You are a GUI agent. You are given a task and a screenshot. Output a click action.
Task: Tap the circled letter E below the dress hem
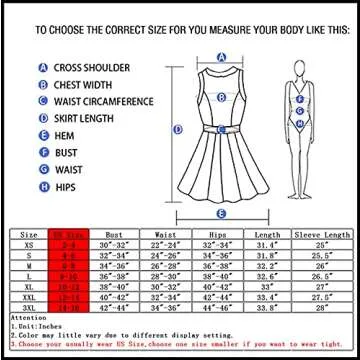[220, 213]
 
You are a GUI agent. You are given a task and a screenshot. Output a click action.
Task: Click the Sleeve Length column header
[322, 233]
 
